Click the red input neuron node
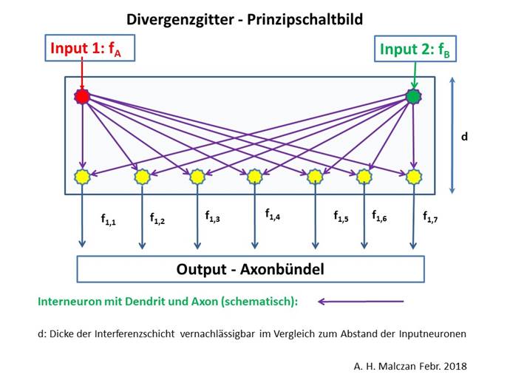pos(82,96)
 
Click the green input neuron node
pos(413,96)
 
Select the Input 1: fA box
pos(89,48)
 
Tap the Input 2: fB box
pos(415,49)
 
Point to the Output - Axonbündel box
pos(251,269)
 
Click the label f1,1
pos(109,220)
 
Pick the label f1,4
pos(273,214)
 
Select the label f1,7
pos(430,217)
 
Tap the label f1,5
pos(341,217)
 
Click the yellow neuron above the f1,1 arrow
pos(82,177)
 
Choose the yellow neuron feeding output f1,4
pos(254,177)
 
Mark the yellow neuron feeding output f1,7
pos(413,177)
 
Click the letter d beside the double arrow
pos(464,136)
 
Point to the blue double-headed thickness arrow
pos(452,135)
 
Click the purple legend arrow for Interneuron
pos(361,302)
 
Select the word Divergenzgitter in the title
pos(180,19)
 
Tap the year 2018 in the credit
pos(455,366)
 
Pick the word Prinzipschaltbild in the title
pos(305,19)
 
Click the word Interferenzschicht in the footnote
pos(135,334)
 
